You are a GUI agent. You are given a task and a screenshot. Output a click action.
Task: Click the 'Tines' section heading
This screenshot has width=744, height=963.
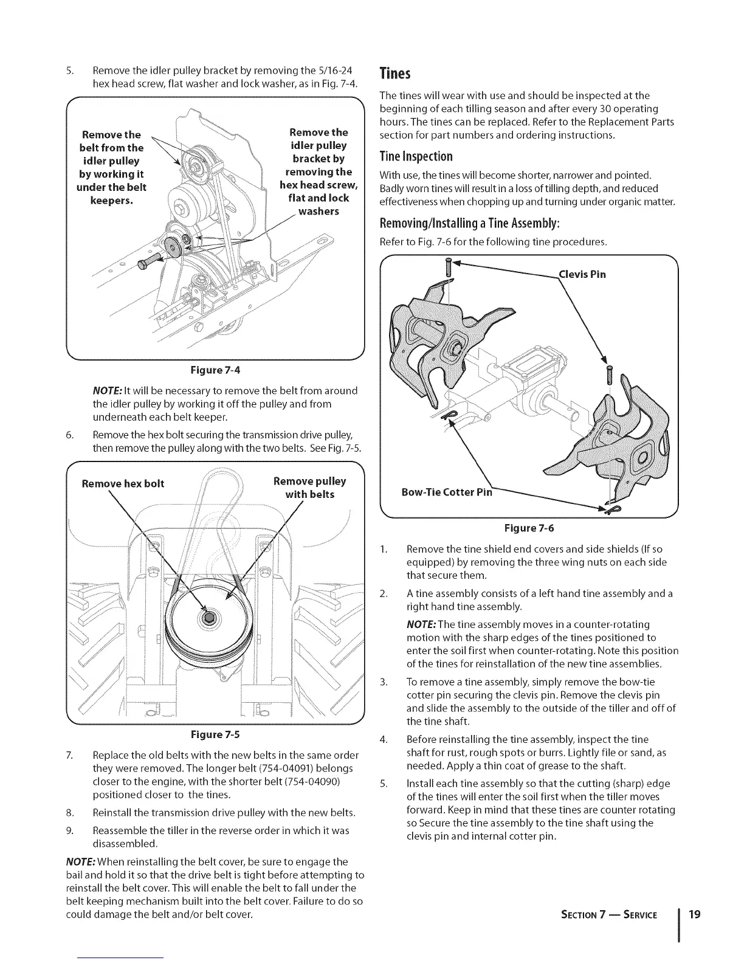[x=395, y=74]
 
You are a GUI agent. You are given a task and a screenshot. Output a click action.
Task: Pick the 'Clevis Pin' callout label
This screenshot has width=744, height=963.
[x=582, y=274]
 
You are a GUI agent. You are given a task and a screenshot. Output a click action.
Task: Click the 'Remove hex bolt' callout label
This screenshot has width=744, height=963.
[x=123, y=483]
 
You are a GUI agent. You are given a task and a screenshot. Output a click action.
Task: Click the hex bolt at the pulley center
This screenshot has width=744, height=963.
[x=209, y=618]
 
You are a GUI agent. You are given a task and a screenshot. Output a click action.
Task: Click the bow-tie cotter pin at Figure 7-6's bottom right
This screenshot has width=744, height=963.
[x=608, y=504]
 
